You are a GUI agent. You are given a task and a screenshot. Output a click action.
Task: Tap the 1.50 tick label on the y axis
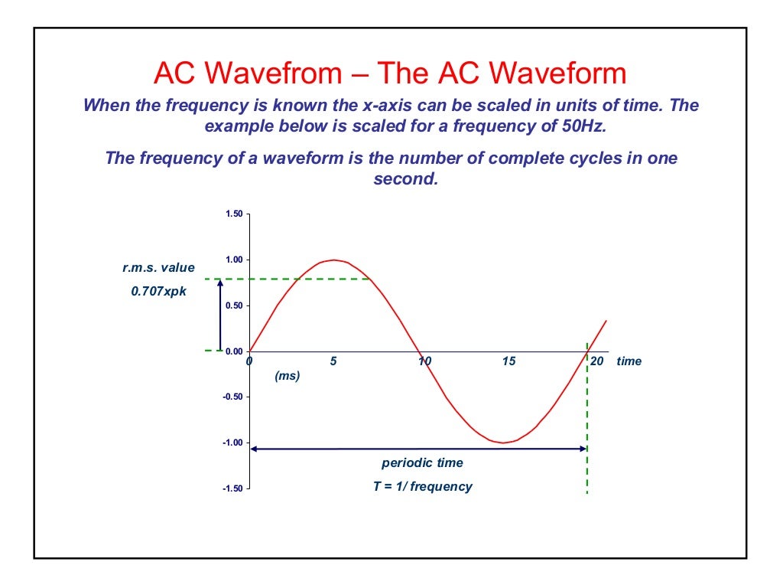[233, 214]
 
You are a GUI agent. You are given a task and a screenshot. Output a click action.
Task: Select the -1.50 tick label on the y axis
[232, 488]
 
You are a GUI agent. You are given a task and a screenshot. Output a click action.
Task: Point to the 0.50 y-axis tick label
[233, 305]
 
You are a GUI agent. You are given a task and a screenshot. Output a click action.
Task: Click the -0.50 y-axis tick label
[232, 397]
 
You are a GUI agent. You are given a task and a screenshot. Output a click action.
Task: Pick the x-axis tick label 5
[333, 361]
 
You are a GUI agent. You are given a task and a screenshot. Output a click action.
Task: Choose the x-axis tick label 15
[508, 361]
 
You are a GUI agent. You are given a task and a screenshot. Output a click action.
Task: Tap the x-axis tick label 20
[597, 361]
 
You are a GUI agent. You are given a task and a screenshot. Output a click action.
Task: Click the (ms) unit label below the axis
[287, 376]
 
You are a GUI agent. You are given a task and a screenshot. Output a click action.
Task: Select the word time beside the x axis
[629, 361]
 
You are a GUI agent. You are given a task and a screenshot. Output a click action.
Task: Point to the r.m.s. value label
[159, 268]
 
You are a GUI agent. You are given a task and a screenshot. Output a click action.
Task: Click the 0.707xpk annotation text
[159, 291]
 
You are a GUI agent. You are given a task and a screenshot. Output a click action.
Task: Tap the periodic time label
[422, 463]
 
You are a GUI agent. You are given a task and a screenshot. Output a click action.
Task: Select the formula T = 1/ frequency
[422, 486]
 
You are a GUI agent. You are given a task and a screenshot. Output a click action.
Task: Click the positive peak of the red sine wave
[333, 260]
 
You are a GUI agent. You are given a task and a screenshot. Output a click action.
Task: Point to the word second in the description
[405, 180]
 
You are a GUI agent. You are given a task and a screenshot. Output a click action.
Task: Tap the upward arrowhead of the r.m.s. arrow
[220, 283]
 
